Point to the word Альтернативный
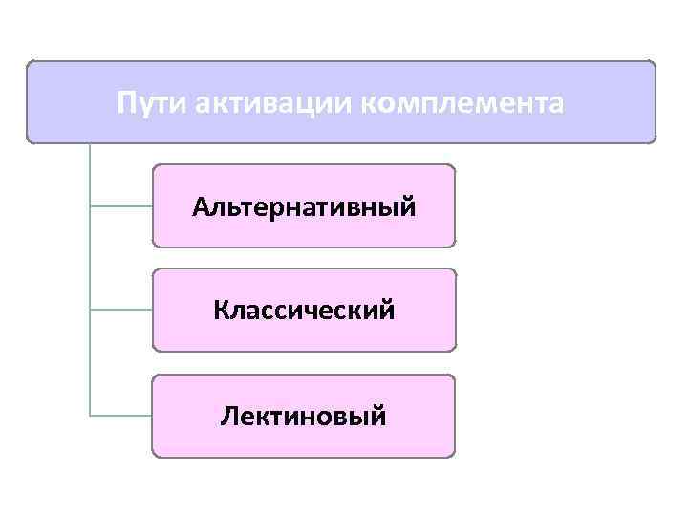304,206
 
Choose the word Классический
304,311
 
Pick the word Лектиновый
304,416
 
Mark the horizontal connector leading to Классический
120,311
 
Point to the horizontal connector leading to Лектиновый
120,416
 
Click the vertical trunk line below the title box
90,258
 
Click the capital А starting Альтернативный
200,206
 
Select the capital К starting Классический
222,311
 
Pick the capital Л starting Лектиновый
228,416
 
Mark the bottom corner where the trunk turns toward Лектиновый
90,416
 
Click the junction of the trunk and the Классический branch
90,311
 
